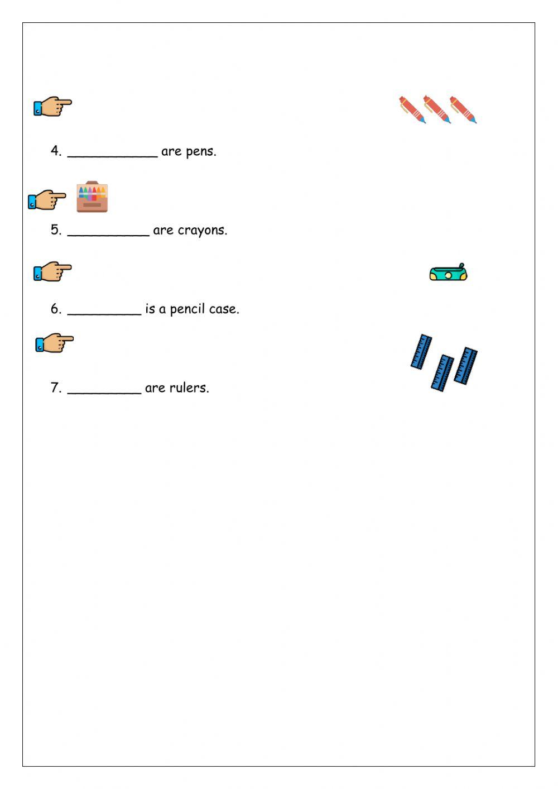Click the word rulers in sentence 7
193,388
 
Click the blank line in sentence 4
112,154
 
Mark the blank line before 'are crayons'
108,233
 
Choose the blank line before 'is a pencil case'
104,312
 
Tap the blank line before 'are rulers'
104,391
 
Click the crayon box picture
92,197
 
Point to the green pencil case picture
448,272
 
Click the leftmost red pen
412,109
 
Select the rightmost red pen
463,109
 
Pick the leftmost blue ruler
421,351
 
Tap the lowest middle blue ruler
442,372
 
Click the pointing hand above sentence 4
52,106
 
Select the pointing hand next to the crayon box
47,199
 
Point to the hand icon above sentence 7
54,343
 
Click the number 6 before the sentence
55,309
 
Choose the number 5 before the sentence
55,230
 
